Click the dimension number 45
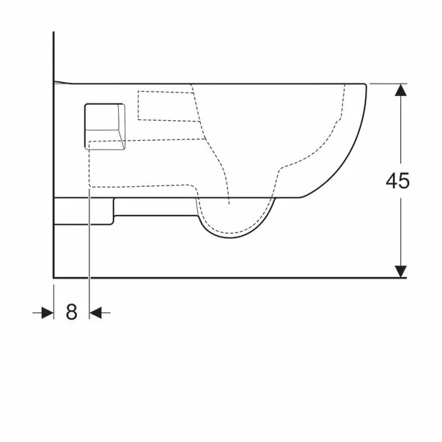pyautogui.click(x=397, y=181)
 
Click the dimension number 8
pyautogui.click(x=71, y=312)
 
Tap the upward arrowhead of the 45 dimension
pyautogui.click(x=400, y=90)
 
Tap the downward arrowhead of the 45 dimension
pyautogui.click(x=400, y=271)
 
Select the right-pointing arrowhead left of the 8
pyautogui.click(x=48, y=312)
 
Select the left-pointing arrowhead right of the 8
pyautogui.click(x=95, y=312)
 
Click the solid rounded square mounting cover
pyautogui.click(x=105, y=126)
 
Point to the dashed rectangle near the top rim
pyautogui.click(x=169, y=106)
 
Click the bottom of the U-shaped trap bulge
pyautogui.click(x=230, y=237)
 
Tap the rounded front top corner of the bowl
pyautogui.click(x=365, y=84)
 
